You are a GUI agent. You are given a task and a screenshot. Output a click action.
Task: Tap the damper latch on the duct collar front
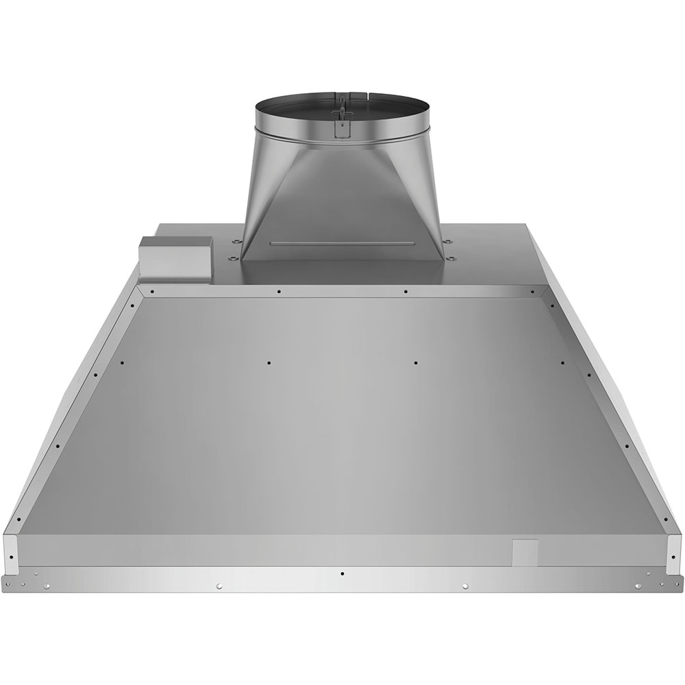click(340, 121)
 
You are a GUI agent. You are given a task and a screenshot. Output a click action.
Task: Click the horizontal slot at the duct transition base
click(342, 243)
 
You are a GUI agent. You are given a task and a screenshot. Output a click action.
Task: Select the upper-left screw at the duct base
click(236, 241)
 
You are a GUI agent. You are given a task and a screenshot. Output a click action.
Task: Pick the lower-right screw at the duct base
click(452, 258)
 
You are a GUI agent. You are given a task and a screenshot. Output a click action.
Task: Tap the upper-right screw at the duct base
click(448, 241)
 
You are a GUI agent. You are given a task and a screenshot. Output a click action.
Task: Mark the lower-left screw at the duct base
click(232, 258)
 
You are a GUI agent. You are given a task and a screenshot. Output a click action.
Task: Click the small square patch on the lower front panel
click(525, 551)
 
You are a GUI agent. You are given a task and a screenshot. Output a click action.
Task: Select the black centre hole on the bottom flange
click(342, 573)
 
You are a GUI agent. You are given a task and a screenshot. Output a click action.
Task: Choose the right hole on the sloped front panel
click(415, 361)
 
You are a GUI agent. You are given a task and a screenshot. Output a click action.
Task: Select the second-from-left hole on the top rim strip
click(279, 290)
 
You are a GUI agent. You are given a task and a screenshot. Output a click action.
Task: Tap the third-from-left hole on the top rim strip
click(406, 290)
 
